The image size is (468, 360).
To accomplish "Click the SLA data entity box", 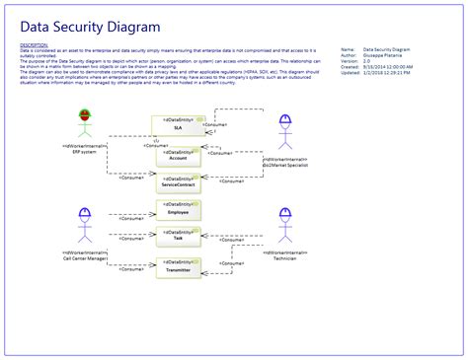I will pos(177,124).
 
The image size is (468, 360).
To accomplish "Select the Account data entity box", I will pos(177,154).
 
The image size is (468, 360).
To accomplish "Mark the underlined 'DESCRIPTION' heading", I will pos(34,44).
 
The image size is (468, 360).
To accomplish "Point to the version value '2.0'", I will pos(367,60).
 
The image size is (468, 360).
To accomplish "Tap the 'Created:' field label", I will pos(348,66).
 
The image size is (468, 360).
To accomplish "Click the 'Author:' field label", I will pos(347,54).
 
